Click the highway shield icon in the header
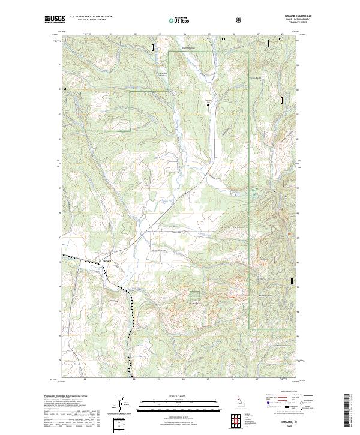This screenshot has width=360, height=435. (x=239, y=19)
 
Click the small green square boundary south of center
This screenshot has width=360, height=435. (x=194, y=296)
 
